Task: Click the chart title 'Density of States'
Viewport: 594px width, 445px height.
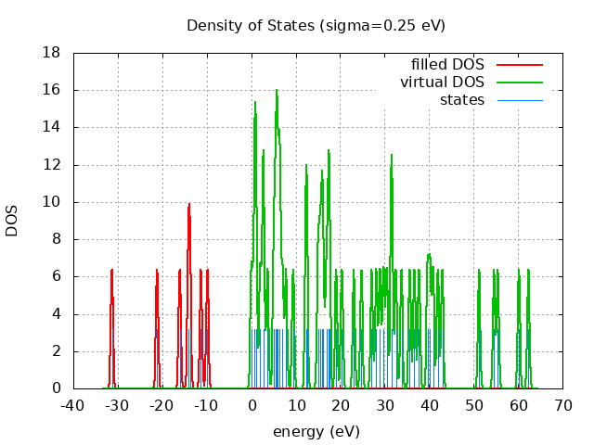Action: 316,25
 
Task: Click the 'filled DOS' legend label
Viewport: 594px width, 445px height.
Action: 447,64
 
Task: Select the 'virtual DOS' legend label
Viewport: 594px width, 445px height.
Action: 442,82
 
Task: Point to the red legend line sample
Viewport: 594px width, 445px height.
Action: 519,64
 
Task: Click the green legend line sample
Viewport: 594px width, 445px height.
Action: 519,82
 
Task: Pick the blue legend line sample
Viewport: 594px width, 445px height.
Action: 519,99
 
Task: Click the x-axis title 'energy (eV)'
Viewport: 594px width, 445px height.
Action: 316,431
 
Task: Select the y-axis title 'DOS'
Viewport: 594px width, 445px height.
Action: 13,221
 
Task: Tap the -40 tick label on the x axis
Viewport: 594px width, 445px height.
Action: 73,405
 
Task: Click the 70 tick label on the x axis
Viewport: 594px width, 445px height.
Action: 562,405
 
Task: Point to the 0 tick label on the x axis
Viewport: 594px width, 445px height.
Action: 252,405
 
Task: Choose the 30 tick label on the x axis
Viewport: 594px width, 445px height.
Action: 385,405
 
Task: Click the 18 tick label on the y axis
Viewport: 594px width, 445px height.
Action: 52,53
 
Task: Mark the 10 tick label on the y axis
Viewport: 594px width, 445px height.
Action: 52,202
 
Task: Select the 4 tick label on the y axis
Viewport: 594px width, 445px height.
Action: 56,314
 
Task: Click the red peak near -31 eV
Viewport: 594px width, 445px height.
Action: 112,271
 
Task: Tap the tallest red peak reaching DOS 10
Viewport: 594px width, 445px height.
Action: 188,205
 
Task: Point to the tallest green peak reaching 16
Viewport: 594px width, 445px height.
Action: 277,91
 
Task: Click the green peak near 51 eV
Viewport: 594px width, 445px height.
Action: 479,271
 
